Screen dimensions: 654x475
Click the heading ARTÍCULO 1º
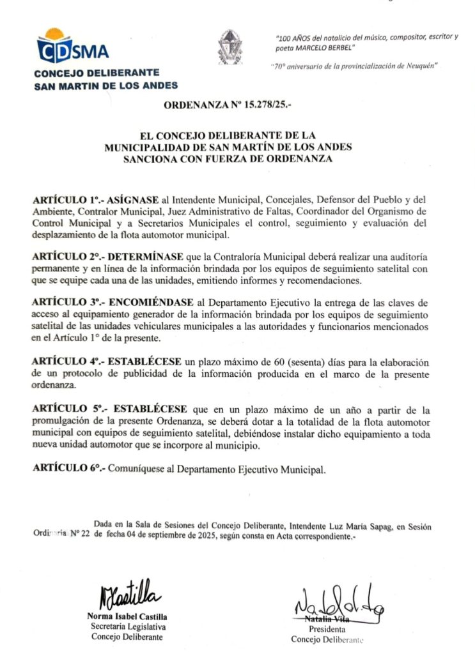pos(61,201)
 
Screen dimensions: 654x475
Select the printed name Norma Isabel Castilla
pos(127,616)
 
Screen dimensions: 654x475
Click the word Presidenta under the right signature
pos(327,629)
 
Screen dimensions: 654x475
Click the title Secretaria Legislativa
pos(127,627)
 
